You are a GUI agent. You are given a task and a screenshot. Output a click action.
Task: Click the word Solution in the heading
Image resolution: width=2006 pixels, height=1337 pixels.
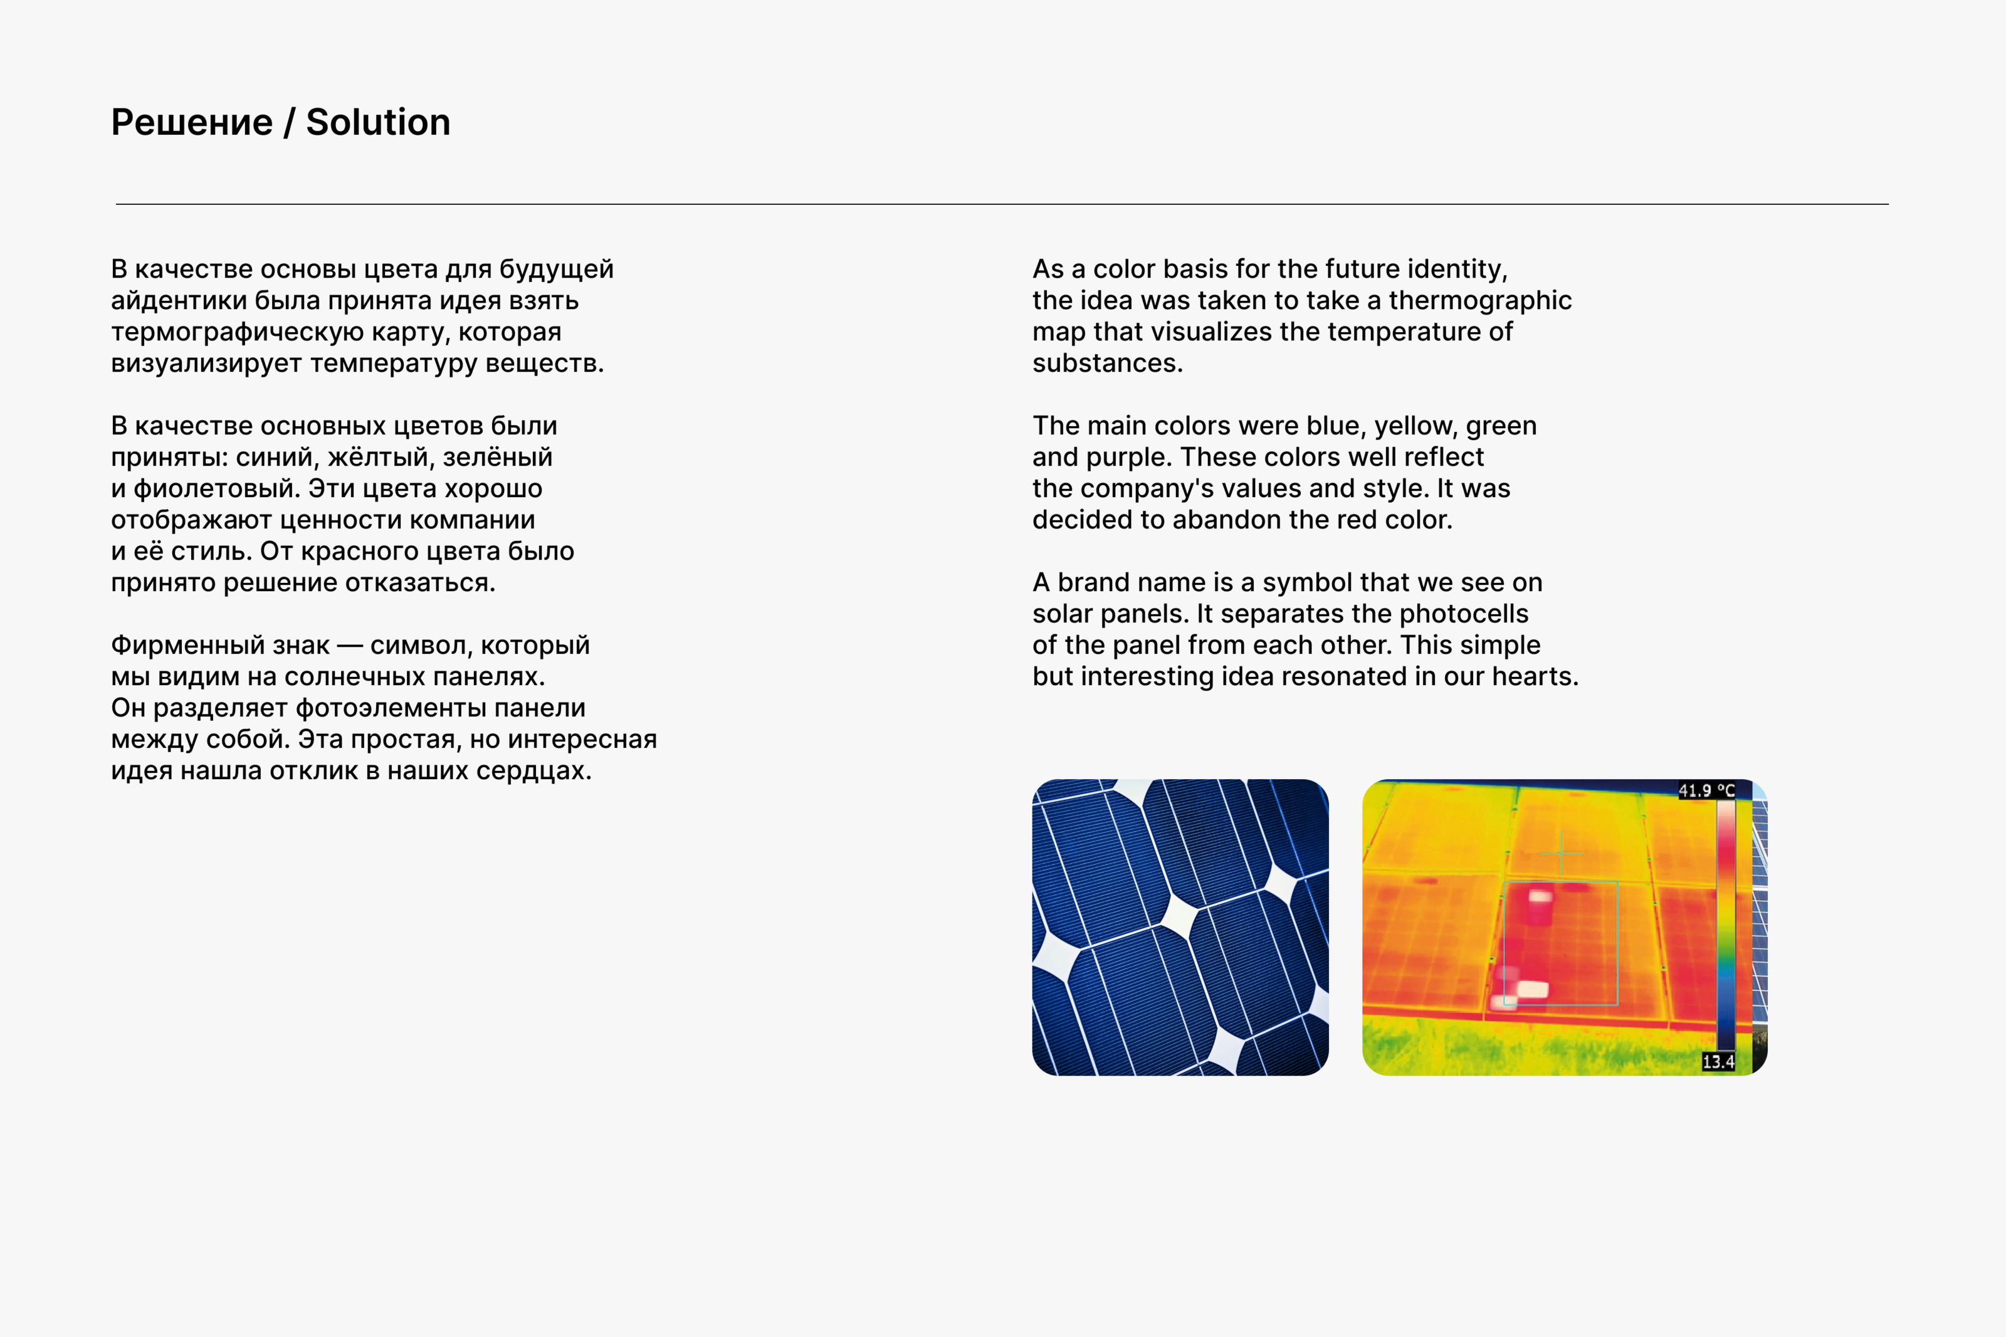pyautogui.click(x=377, y=123)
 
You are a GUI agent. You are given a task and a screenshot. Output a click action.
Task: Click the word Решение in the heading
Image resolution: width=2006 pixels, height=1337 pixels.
pyautogui.click(x=192, y=123)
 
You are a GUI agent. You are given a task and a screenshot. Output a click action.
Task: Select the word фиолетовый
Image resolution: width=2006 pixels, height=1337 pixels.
pyautogui.click(x=213, y=488)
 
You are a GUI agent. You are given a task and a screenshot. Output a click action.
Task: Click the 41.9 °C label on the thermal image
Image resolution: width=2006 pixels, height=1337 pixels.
pyautogui.click(x=1706, y=790)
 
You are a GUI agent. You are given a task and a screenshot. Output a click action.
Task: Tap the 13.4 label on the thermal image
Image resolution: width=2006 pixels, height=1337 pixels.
pyautogui.click(x=1718, y=1062)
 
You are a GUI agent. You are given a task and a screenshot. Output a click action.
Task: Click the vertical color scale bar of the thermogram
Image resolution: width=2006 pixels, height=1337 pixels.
pyautogui.click(x=1726, y=925)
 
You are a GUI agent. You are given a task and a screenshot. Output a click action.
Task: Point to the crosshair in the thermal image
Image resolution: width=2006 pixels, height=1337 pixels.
pyautogui.click(x=1562, y=852)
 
